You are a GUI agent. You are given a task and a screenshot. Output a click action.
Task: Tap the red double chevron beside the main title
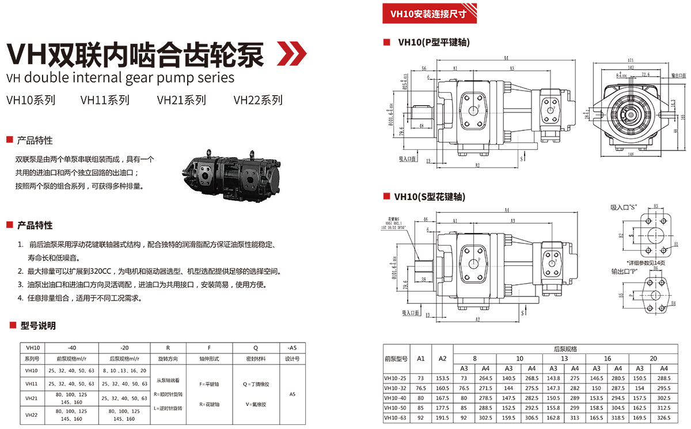pos(292,54)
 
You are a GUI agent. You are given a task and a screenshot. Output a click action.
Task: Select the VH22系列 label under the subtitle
pos(258,100)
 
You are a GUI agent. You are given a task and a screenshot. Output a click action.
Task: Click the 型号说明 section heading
pos(38,326)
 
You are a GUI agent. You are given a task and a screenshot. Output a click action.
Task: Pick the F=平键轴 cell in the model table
pos(209,384)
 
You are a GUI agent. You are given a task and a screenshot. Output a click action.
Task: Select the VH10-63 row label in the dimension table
pos(396,417)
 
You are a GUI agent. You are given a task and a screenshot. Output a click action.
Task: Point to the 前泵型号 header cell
pos(396,359)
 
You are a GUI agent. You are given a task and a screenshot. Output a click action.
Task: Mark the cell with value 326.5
pos(664,417)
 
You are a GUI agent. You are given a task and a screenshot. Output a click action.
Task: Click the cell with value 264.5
pos(486,378)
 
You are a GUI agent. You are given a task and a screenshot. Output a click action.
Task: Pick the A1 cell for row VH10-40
pos(421,398)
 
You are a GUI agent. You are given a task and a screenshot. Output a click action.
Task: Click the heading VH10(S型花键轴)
pos(430,197)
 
